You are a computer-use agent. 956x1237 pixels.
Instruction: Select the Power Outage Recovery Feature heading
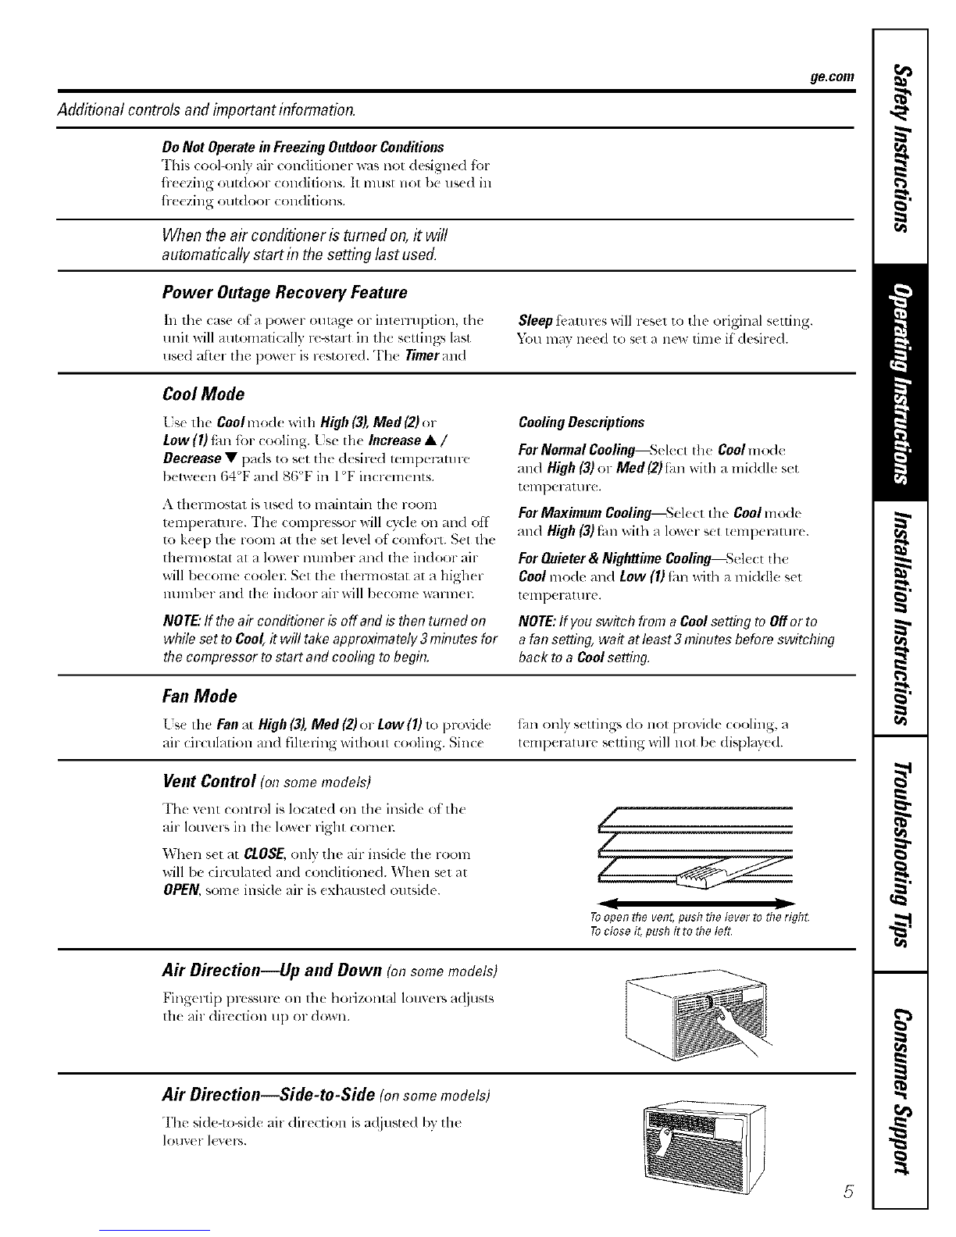coord(285,293)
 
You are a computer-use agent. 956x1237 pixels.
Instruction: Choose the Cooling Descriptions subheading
coord(581,422)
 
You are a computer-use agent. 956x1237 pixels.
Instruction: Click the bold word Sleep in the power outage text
coord(535,321)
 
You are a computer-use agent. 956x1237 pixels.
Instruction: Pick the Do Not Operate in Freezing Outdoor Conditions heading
coord(303,148)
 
